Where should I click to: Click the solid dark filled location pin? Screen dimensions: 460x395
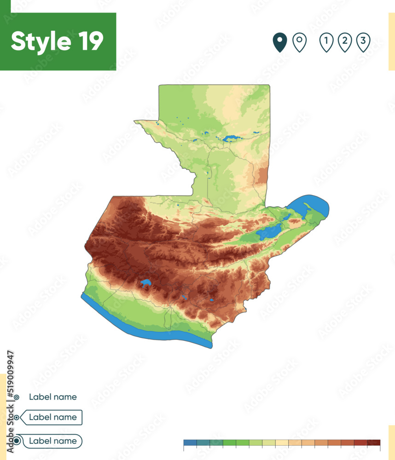pyautogui.click(x=279, y=42)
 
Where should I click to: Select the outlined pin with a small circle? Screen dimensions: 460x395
pyautogui.click(x=299, y=42)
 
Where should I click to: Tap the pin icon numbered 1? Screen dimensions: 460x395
pyautogui.click(x=326, y=42)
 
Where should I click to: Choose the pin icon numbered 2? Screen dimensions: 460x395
pyautogui.click(x=345, y=42)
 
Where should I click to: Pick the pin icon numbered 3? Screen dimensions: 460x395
pyautogui.click(x=363, y=42)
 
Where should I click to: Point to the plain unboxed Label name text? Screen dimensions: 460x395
pyautogui.click(x=52, y=397)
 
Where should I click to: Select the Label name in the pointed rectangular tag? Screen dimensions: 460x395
pyautogui.click(x=52, y=417)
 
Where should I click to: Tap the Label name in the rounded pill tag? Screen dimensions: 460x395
pyautogui.click(x=52, y=441)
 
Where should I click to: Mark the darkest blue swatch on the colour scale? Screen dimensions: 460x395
pyautogui.click(x=190, y=443)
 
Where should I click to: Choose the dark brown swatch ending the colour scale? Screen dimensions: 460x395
pyautogui.click(x=374, y=443)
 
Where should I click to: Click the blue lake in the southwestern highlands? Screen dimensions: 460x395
pyautogui.click(x=146, y=283)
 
